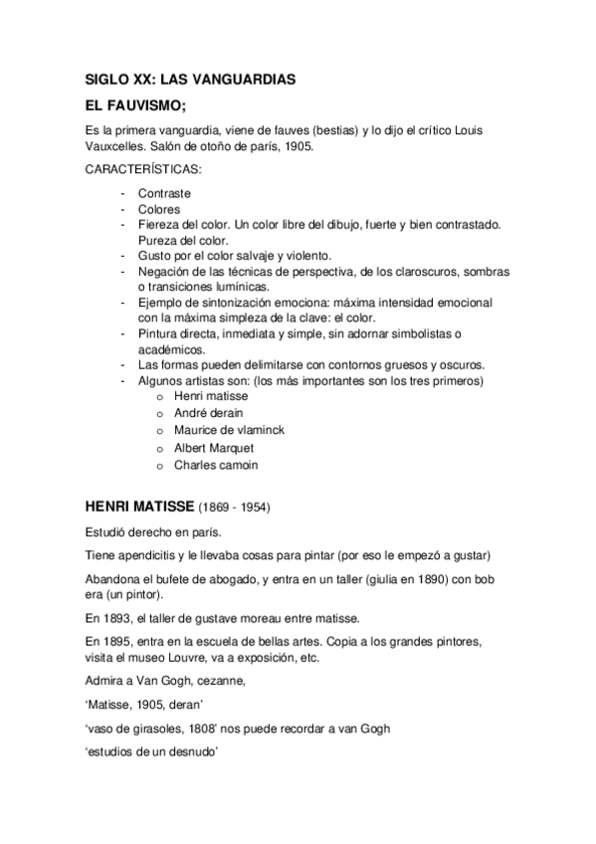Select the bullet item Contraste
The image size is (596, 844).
[164, 192]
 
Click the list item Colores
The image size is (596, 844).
[159, 209]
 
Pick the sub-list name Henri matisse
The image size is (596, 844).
[211, 396]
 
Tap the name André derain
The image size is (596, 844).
[208, 413]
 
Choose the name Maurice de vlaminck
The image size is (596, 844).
[228, 430]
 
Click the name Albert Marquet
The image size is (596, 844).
[214, 447]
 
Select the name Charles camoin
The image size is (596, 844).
[215, 464]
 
